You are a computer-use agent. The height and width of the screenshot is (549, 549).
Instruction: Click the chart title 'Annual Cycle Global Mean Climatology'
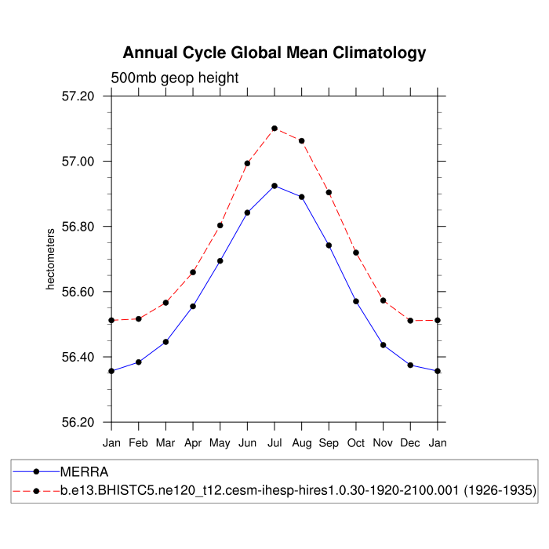pos(274,53)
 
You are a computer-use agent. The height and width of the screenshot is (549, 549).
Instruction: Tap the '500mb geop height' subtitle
pos(174,78)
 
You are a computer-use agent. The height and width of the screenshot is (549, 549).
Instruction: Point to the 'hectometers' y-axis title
pos(51,259)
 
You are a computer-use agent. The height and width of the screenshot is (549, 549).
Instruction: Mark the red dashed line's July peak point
pos(274,129)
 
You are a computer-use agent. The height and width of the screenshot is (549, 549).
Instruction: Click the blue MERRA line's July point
pos(274,186)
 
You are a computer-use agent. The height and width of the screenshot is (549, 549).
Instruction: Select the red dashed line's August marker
pos(302,141)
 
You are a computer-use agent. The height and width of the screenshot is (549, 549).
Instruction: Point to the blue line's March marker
pos(165,342)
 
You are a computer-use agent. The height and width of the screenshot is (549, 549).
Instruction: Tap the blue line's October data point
pos(356,301)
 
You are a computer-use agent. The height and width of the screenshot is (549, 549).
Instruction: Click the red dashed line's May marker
pos(220,225)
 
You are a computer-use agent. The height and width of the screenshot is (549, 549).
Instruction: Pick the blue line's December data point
pos(410,365)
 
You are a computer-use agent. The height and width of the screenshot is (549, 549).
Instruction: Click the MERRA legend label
pos(85,472)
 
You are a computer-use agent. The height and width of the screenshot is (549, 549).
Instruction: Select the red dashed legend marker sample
pos(36,491)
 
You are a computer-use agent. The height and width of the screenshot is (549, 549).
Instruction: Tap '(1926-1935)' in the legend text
pos(499,491)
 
